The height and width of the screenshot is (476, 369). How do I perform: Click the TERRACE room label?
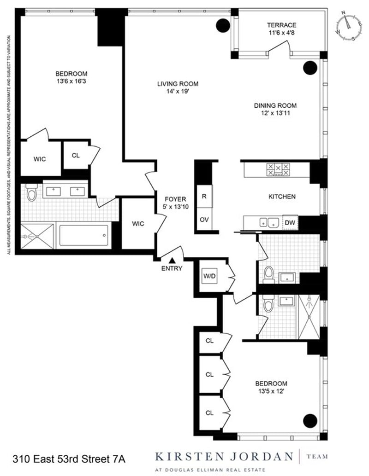pos(281,25)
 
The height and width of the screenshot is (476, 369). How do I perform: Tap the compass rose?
pos(349,25)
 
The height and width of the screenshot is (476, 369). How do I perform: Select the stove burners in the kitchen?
pos(278,169)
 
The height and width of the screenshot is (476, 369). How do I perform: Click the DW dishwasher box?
pos(290,222)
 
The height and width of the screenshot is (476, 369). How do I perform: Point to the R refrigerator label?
pos(204,197)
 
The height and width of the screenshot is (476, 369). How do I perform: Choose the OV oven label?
pos(204,219)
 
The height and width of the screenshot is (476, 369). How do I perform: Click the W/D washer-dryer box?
pos(209,276)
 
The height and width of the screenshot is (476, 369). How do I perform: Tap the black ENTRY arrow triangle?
pos(172,260)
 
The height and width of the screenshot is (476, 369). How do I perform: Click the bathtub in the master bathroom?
pos(83,236)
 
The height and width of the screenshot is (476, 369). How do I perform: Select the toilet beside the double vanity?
pos(31,192)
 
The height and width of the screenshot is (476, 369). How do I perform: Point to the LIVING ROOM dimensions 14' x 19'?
pos(178,91)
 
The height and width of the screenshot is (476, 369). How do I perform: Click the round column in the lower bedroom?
pos(310,421)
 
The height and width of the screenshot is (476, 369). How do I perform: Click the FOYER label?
pos(175,199)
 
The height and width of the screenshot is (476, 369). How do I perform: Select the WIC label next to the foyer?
pos(138,223)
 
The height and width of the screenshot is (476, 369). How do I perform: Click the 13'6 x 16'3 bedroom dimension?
pos(71,81)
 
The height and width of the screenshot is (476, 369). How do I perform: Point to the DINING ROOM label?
pos(275,105)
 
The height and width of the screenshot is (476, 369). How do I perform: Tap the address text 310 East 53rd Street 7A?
pos(69,459)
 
